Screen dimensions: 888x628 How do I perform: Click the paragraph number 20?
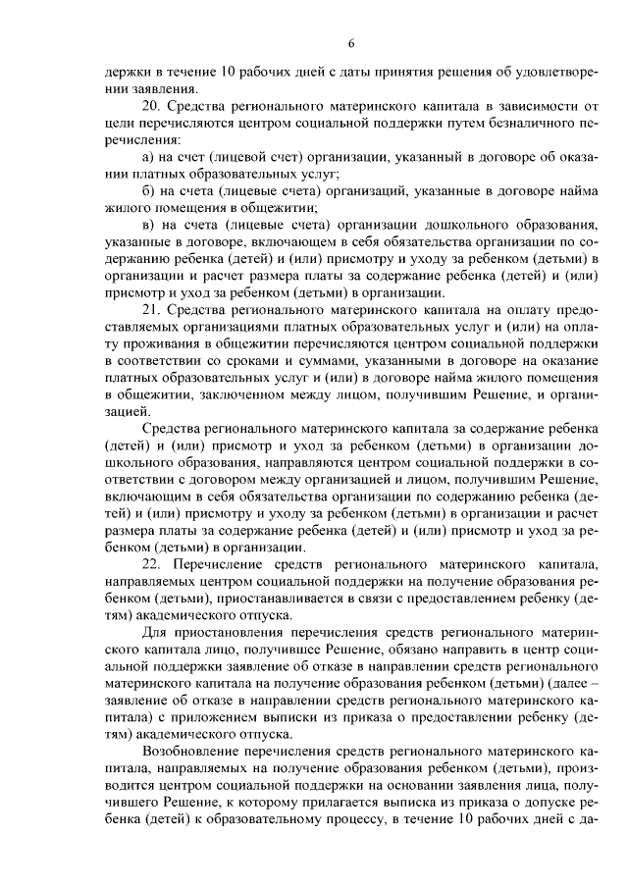coord(151,105)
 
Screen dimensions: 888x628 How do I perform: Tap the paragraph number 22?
coord(151,565)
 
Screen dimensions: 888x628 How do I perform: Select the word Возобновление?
coord(191,753)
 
